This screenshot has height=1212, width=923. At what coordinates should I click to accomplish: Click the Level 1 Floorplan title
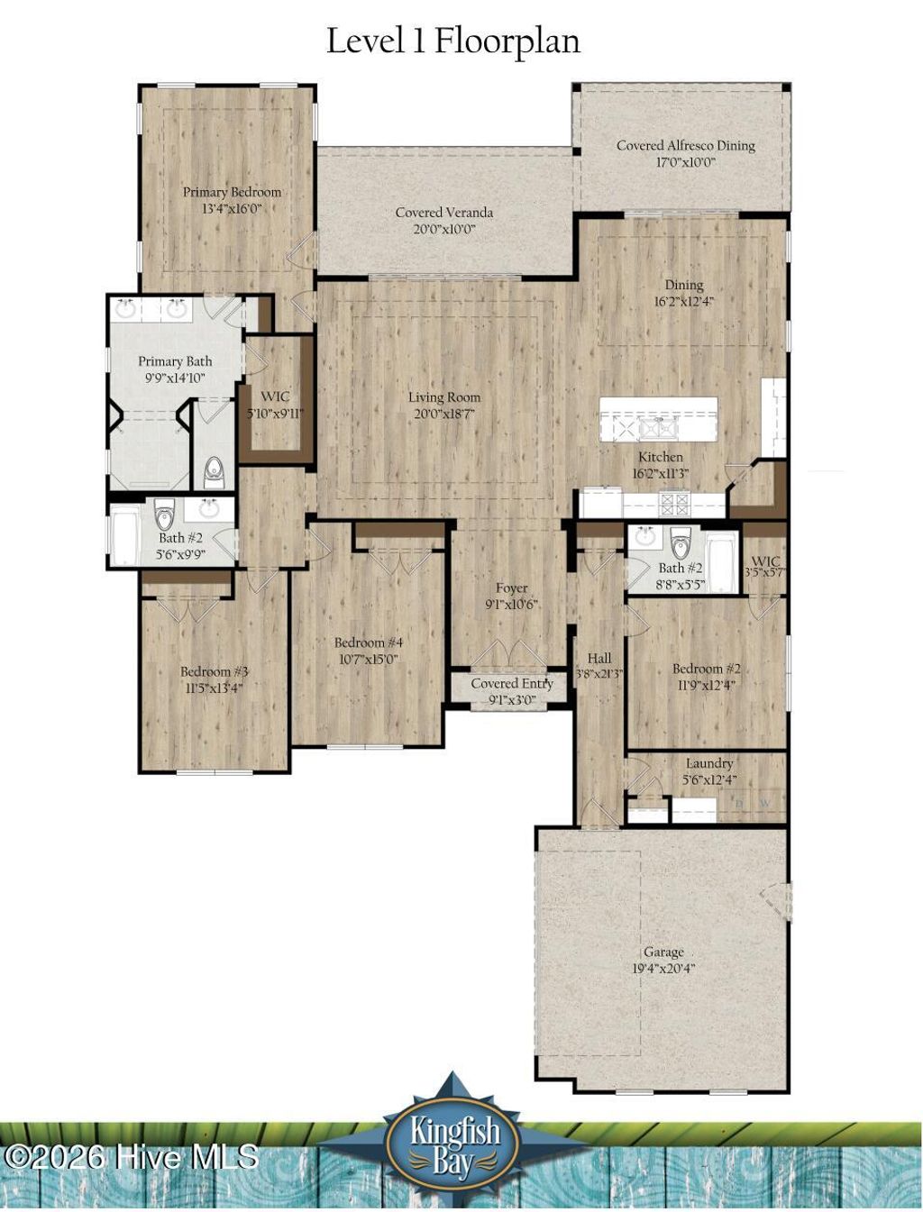pyautogui.click(x=452, y=41)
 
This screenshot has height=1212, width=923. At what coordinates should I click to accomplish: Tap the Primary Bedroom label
pyautogui.click(x=232, y=192)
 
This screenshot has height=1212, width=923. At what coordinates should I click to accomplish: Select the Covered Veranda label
pyautogui.click(x=443, y=213)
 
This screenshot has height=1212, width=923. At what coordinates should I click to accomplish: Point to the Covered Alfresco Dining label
pyautogui.click(x=685, y=145)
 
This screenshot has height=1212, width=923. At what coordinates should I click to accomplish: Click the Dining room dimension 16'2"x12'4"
pyautogui.click(x=683, y=302)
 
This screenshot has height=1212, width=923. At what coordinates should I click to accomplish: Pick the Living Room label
pyautogui.click(x=443, y=397)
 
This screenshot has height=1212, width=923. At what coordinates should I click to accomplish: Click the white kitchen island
pyautogui.click(x=658, y=419)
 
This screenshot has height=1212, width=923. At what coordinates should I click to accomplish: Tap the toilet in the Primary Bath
pyautogui.click(x=214, y=470)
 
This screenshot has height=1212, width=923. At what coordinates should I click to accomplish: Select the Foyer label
pyautogui.click(x=511, y=588)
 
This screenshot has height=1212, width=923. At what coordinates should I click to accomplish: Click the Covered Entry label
pyautogui.click(x=511, y=684)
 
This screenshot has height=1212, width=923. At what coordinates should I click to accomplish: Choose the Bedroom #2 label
pyautogui.click(x=706, y=669)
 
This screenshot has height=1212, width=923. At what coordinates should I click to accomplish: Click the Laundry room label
pyautogui.click(x=708, y=763)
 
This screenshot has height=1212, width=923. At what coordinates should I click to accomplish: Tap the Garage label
pyautogui.click(x=663, y=952)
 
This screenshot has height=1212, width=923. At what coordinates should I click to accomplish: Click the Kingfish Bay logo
pyautogui.click(x=453, y=1143)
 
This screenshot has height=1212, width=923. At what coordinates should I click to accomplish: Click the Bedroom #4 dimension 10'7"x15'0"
pyautogui.click(x=368, y=659)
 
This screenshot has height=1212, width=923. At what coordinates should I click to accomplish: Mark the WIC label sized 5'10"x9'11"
pyautogui.click(x=275, y=397)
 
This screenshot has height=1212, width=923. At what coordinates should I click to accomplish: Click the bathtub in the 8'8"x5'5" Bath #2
pyautogui.click(x=721, y=562)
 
